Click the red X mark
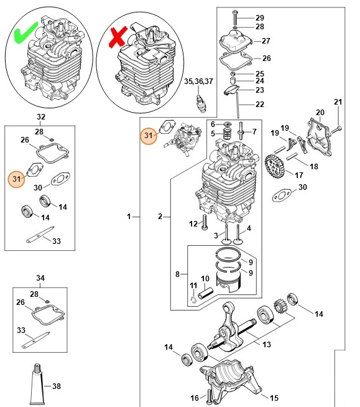pos(118,37)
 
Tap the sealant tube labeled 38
pos(37,385)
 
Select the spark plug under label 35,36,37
pos(201,104)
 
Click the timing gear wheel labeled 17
pos(275,166)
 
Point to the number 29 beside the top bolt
pos(260,17)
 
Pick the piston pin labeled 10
pos(206,293)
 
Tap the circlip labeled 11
pos(193,300)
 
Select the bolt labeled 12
pos(205,222)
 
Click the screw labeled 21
pos(336,129)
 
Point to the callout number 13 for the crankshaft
pos(266,344)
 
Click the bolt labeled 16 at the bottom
pos(208,397)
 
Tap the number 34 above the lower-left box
pos(40,278)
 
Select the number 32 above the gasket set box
pos(41,117)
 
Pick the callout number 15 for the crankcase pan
pos(274,398)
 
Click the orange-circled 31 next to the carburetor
pos(149,135)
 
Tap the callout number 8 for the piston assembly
pos(177,274)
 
